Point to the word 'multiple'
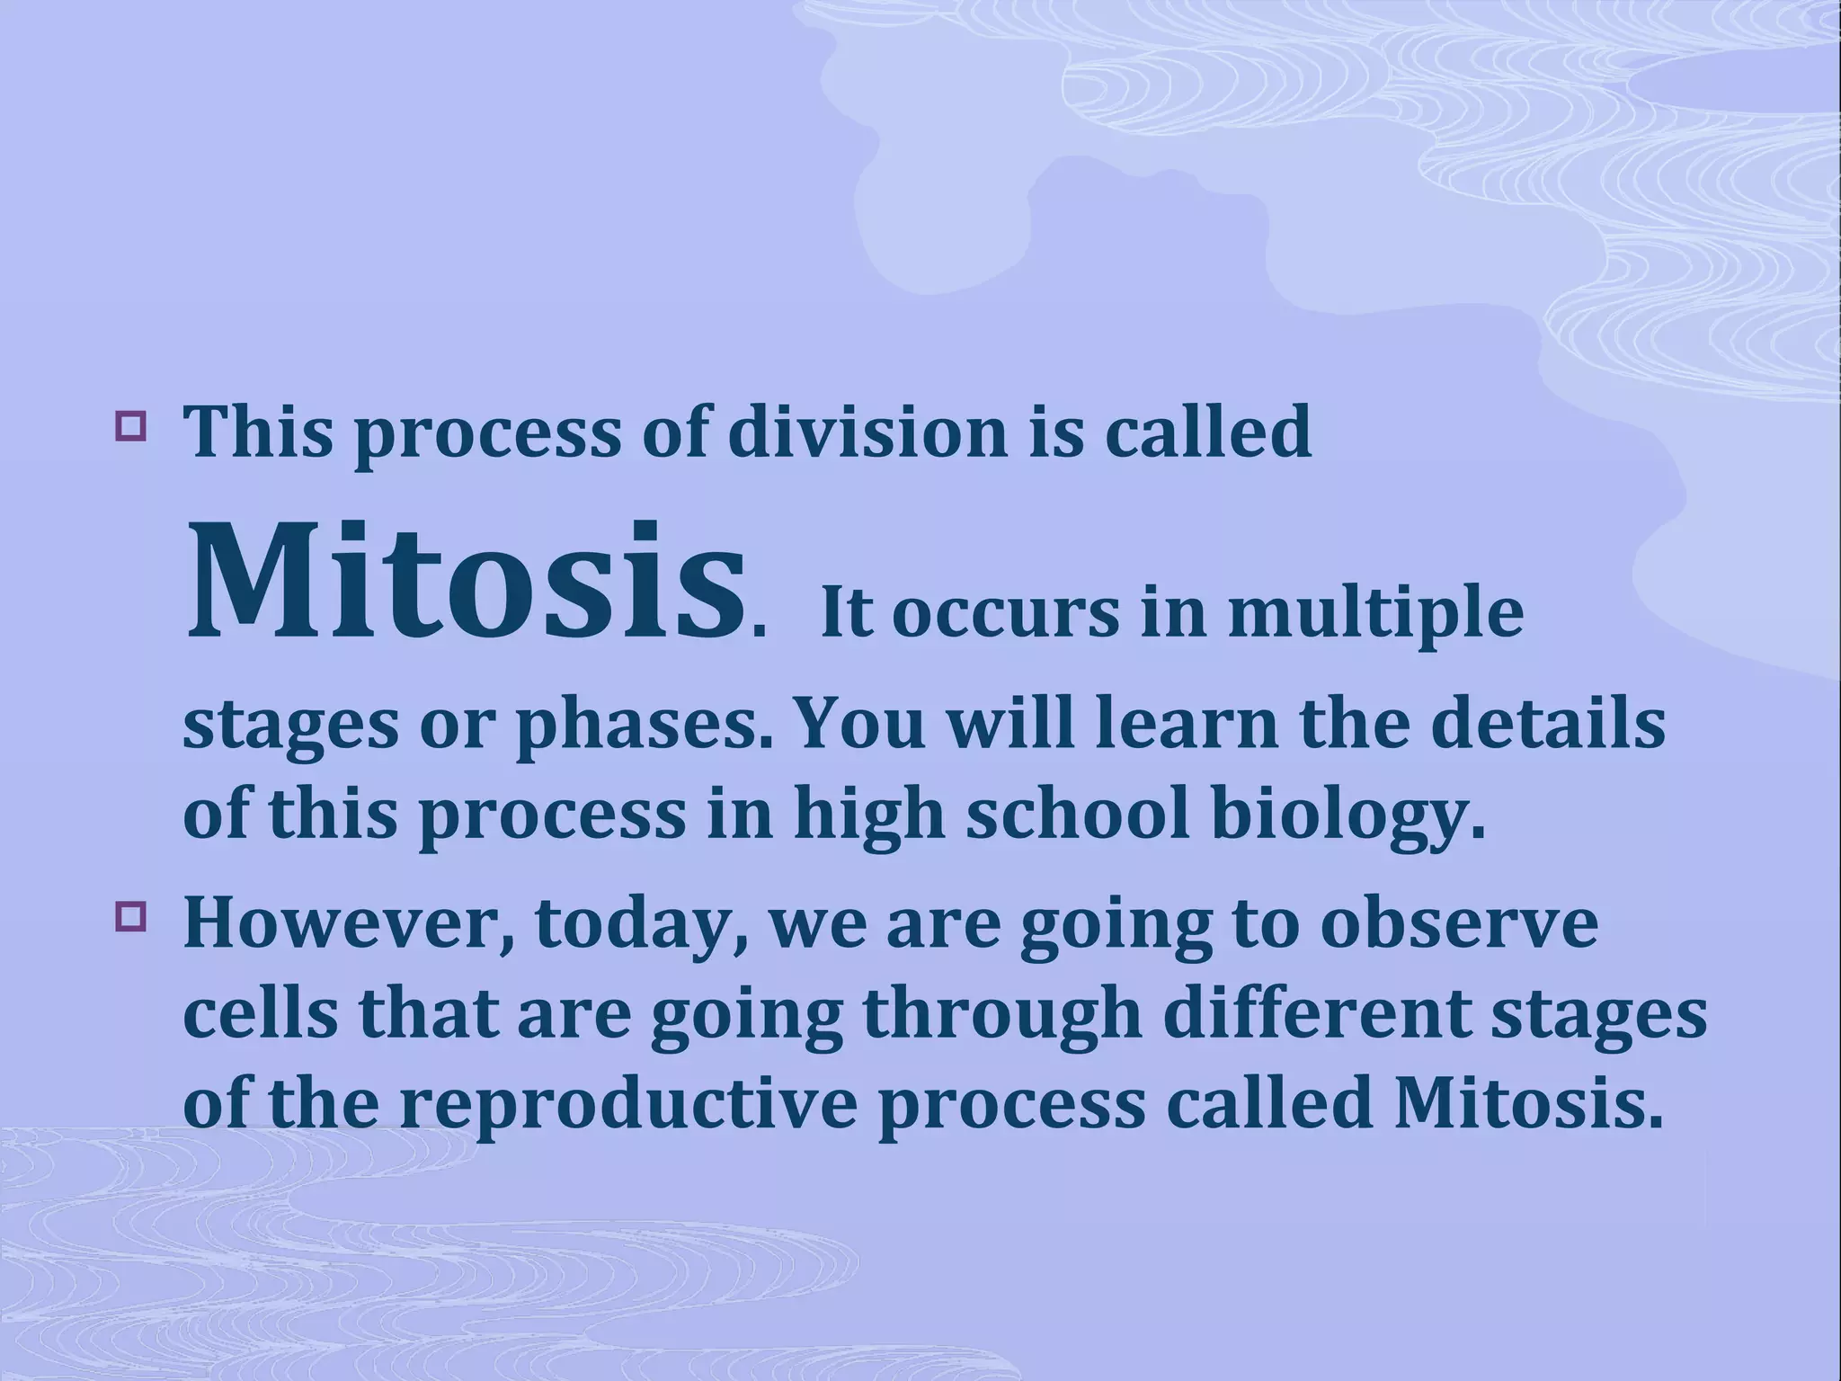1375,616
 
